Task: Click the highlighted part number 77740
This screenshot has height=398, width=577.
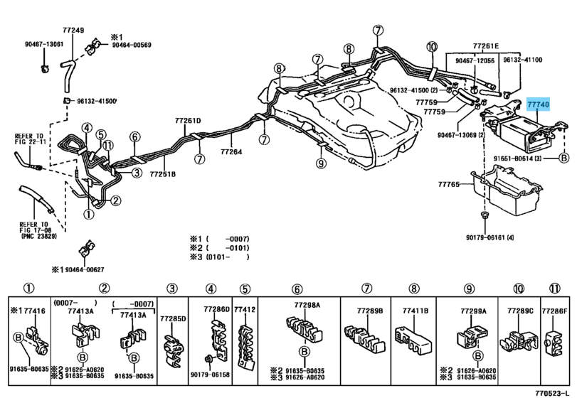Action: coord(538,105)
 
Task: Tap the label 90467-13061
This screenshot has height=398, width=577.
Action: coord(43,44)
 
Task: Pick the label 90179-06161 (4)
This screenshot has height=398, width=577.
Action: coord(490,237)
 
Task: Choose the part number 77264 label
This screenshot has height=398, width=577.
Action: coord(231,151)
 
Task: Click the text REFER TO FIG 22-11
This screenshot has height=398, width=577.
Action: coord(29,139)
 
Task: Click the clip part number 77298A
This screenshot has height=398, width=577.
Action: coord(307,305)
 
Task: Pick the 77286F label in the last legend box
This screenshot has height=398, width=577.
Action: coord(555,311)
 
